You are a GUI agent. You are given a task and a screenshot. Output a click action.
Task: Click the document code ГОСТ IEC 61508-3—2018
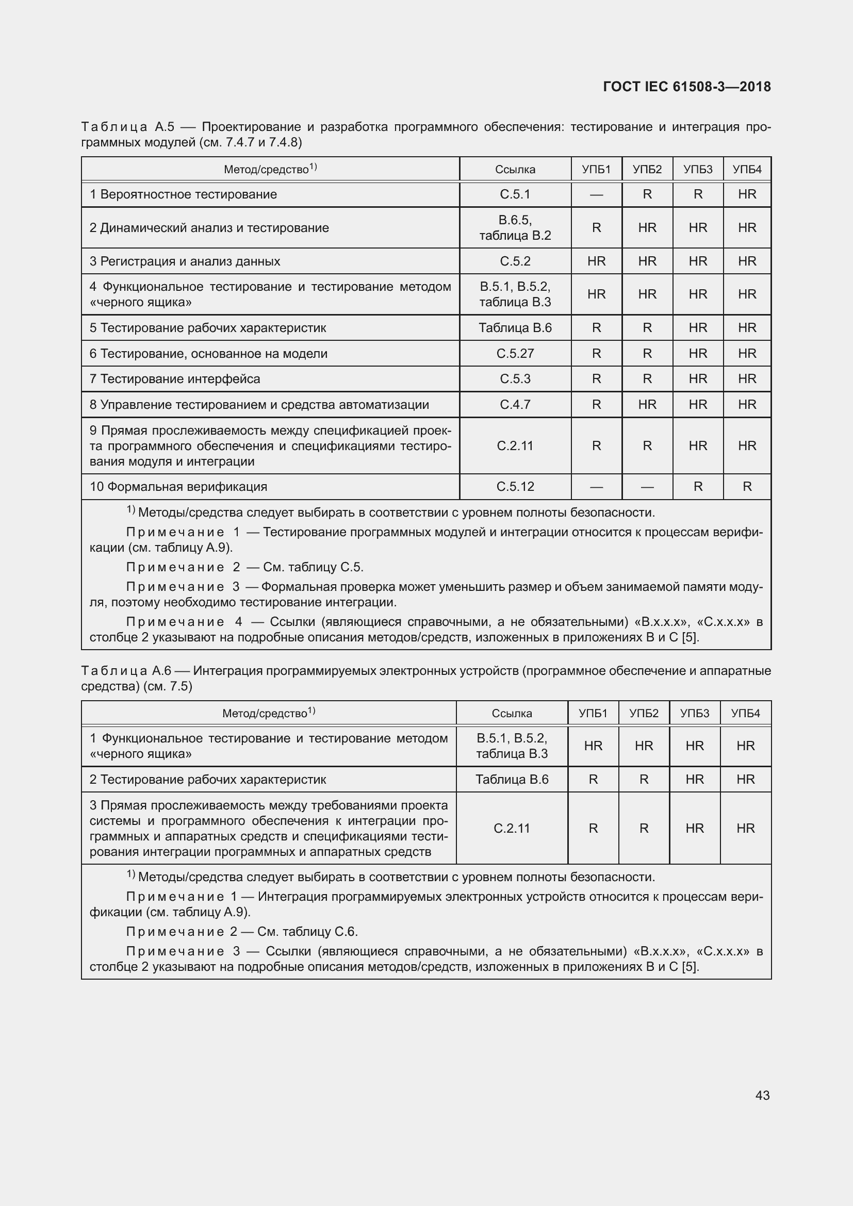(686, 87)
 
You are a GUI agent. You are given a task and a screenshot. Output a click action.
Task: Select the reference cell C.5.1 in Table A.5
(515, 194)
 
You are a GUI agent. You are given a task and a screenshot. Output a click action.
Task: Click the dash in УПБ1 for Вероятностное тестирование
(596, 195)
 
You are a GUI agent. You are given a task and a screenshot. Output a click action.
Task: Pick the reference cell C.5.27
(515, 354)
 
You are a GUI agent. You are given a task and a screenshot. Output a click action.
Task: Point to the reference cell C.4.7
(515, 404)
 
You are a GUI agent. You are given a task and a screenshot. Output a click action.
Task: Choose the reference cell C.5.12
(515, 486)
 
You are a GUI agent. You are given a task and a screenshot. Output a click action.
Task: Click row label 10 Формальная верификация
(178, 486)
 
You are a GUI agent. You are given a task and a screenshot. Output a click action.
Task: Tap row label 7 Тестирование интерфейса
(175, 379)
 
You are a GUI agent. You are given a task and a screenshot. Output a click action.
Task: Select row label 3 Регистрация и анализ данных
(185, 261)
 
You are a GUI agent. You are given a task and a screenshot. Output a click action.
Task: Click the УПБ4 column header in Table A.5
(747, 169)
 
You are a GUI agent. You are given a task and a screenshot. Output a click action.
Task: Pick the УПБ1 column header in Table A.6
(593, 713)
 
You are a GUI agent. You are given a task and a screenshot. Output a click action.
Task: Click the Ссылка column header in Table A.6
(512, 713)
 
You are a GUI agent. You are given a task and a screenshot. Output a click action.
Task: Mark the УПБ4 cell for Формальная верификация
(747, 486)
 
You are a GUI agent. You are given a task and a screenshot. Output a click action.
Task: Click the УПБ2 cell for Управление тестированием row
(647, 404)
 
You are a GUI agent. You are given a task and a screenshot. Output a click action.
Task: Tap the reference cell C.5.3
(515, 379)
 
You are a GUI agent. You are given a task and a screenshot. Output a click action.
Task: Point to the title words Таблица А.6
(126, 671)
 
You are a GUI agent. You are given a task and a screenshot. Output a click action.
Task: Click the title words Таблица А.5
(127, 127)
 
